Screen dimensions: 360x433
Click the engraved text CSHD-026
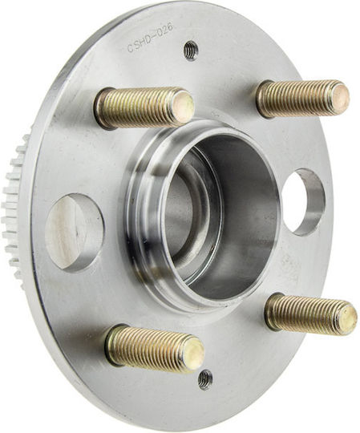(151, 38)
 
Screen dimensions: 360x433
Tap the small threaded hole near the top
(191, 51)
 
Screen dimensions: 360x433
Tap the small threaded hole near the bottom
(206, 380)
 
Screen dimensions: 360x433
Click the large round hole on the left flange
(74, 232)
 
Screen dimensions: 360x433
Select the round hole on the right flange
(304, 202)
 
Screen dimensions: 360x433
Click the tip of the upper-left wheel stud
(183, 107)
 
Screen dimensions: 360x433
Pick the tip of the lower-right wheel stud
(347, 319)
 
